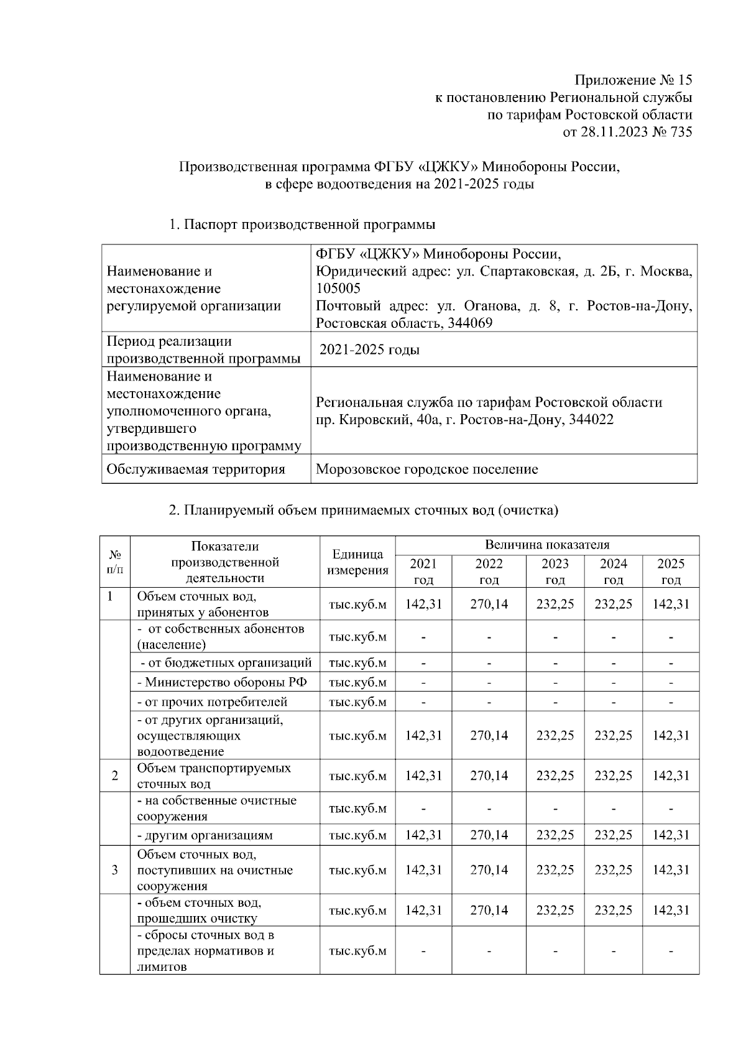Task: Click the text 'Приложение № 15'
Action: (633, 80)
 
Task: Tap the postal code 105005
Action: (338, 289)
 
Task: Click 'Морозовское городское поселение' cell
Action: (426, 469)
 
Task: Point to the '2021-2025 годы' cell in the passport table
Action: (369, 350)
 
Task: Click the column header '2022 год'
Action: (489, 572)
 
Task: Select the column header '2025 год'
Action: (670, 572)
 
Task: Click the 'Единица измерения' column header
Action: (357, 562)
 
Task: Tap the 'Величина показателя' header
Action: (546, 545)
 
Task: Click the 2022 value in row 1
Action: (489, 604)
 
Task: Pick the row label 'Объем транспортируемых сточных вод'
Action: (214, 776)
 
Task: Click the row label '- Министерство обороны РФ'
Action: (222, 682)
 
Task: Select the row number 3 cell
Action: (115, 869)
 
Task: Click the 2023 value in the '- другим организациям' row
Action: (555, 835)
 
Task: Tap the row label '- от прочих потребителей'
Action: (213, 702)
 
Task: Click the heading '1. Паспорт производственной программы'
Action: (302, 225)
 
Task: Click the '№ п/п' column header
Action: (115, 562)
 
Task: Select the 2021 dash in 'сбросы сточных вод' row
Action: (423, 951)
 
